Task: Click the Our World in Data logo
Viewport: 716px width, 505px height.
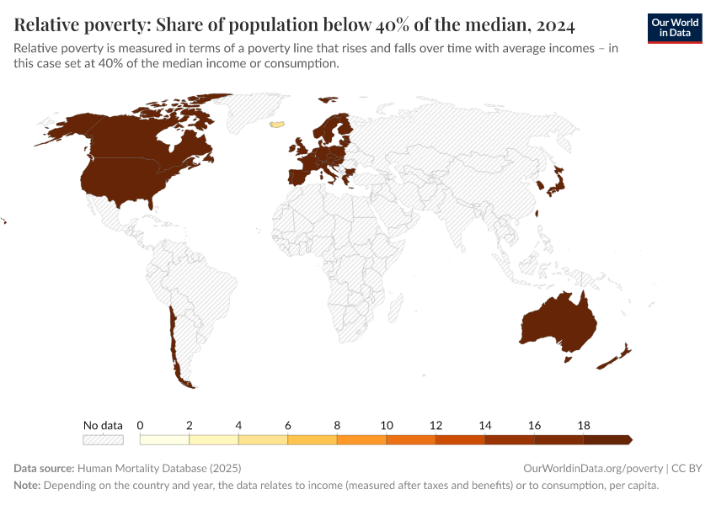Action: [674, 27]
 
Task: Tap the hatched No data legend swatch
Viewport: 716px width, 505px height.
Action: [103, 439]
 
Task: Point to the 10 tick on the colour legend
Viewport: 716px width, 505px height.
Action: [387, 425]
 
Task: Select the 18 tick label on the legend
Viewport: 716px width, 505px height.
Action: [584, 425]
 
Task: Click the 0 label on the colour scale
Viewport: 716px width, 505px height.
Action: [140, 425]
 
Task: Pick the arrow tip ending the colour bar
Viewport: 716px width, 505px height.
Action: [629, 439]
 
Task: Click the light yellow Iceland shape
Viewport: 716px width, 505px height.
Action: [275, 124]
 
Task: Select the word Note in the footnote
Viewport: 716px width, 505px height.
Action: [28, 486]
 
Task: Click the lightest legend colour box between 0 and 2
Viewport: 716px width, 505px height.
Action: [164, 439]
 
